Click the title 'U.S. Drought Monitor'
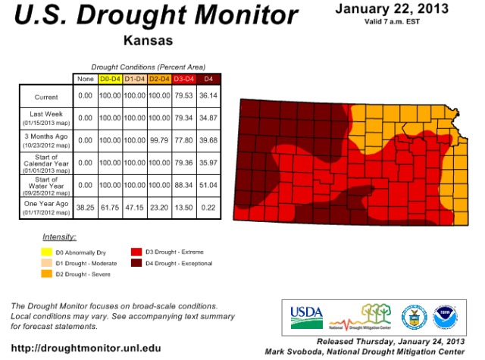coord(152,16)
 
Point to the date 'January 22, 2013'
coord(390,8)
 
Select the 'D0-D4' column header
coord(111,79)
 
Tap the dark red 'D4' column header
coord(208,79)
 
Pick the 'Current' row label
coord(45,97)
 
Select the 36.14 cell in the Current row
coord(208,97)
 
